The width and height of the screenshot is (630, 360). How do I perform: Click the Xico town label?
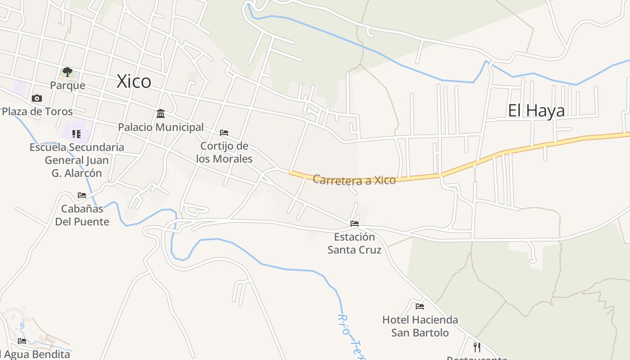134,81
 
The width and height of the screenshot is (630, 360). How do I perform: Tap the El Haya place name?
536,110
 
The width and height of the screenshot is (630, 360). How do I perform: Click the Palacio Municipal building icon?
161,113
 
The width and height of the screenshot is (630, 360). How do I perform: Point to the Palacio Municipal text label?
161,127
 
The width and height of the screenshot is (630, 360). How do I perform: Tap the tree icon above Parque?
67,72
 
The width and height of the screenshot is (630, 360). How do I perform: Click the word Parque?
67,85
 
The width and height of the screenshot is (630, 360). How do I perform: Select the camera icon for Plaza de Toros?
37,98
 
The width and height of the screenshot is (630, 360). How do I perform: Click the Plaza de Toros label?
37,111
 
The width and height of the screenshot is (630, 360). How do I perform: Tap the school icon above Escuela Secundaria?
76,134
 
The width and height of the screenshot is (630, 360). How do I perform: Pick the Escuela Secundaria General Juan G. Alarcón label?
77,160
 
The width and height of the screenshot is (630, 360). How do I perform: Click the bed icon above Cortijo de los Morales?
224,133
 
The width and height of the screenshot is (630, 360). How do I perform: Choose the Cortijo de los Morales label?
224,152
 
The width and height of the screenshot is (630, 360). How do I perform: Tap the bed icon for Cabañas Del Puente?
82,195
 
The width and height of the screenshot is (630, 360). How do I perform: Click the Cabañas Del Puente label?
82,215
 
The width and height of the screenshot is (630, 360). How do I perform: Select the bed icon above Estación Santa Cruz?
355,224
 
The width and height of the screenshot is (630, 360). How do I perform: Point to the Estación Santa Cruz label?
354,243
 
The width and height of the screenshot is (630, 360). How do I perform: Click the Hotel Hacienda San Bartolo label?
420,326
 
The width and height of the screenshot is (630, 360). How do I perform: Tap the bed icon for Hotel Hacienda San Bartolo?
420,306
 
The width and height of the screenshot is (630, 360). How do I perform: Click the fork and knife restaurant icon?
477,347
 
